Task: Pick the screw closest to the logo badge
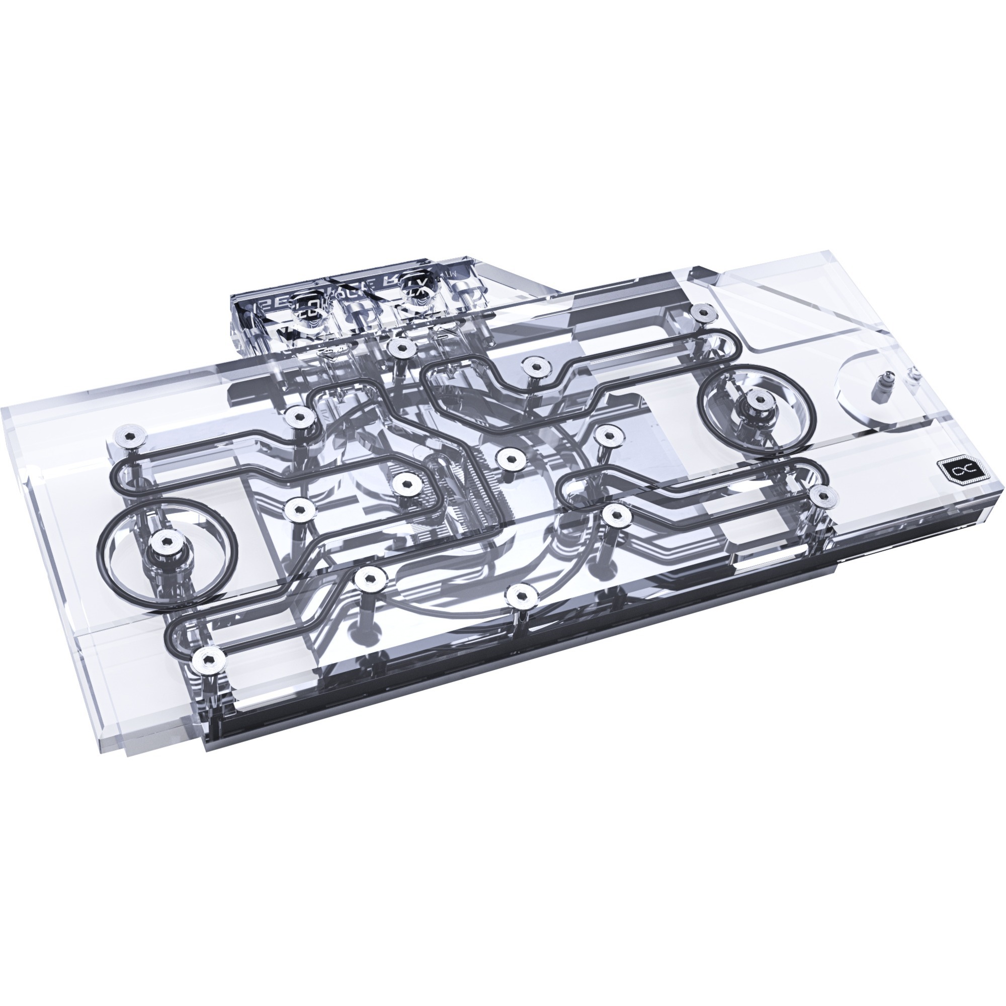point(823,494)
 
